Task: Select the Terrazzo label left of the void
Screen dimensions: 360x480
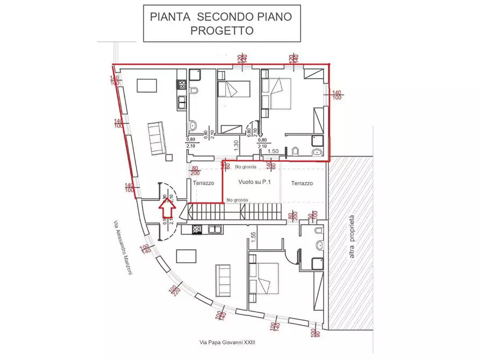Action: coord(204,183)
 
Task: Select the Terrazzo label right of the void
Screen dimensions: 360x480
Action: coord(302,183)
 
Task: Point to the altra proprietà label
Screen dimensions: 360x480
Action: coord(353,237)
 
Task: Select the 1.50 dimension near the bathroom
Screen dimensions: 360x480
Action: coord(273,152)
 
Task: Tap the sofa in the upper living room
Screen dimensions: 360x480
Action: coord(156,138)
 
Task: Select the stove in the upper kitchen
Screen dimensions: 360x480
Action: coord(182,84)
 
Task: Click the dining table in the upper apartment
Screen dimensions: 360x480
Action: coord(147,86)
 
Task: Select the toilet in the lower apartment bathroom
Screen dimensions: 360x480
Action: coord(318,231)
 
